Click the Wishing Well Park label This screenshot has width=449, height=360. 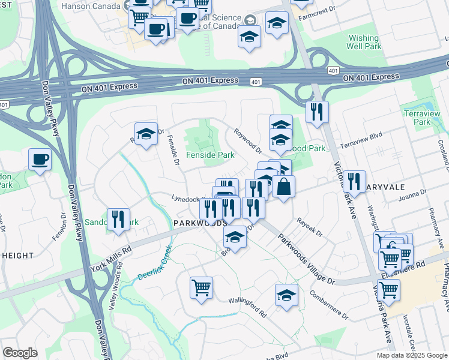(x=364, y=42)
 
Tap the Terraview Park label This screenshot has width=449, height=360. (x=430, y=117)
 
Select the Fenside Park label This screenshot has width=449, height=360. (x=210, y=155)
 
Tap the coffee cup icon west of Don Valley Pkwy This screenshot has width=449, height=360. (x=40, y=160)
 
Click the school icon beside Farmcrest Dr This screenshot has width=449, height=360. (x=277, y=24)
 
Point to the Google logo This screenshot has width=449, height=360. (x=20, y=353)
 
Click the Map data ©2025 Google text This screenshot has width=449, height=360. (x=411, y=355)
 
